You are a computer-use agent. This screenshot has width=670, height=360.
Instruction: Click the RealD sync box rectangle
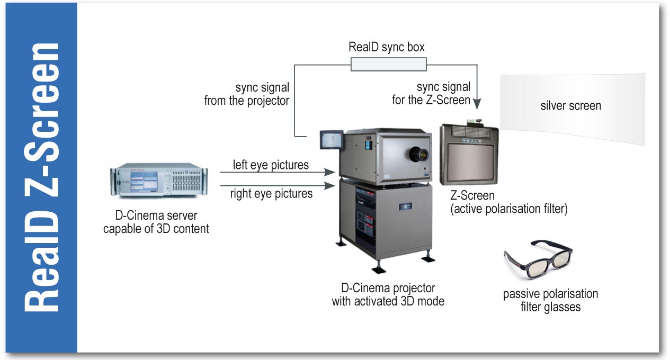coord(389,65)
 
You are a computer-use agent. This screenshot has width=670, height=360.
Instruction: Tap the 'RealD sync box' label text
coord(387,47)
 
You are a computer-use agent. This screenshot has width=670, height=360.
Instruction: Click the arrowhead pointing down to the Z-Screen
coord(477,104)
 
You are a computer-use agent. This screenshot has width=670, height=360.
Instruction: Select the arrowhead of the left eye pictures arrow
coord(330,172)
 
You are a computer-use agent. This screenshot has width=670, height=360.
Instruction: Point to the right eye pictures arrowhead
coord(330,186)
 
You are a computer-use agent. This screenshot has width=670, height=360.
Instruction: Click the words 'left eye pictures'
coord(271,165)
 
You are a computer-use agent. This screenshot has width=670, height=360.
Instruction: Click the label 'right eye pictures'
coord(271,193)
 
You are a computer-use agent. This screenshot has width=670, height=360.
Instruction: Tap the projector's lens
coord(418,154)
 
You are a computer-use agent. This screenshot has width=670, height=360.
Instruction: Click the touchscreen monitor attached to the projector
coord(332,140)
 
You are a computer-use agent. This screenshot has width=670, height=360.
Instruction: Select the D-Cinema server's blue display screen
coord(144,182)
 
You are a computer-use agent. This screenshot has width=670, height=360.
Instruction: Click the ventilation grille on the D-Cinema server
coord(187,183)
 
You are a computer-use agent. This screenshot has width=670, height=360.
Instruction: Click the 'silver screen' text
coord(571,105)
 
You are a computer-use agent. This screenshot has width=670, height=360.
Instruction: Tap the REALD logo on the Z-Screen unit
coord(472,140)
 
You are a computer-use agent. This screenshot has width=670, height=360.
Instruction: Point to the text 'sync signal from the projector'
coord(247,94)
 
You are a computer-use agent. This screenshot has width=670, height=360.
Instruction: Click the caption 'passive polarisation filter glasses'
coord(550,300)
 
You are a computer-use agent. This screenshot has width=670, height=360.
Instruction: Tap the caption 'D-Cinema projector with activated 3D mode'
coord(388,294)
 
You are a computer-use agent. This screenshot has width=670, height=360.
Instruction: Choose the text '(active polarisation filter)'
coord(509,209)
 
